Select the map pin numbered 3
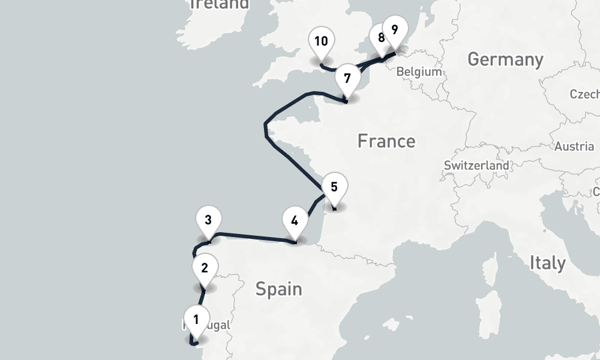click(208, 220)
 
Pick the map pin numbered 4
click(294, 220)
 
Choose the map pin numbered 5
click(334, 187)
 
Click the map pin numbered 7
click(347, 79)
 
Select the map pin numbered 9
click(394, 29)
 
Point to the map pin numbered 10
click(320, 41)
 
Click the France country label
click(386, 141)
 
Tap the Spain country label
click(278, 289)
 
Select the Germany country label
click(505, 59)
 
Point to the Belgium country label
click(419, 71)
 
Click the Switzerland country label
click(476, 165)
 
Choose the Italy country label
click(547, 263)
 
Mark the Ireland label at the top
click(219, 5)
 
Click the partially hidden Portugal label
click(214, 325)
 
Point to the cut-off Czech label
click(585, 94)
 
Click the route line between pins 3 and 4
click(252, 236)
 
